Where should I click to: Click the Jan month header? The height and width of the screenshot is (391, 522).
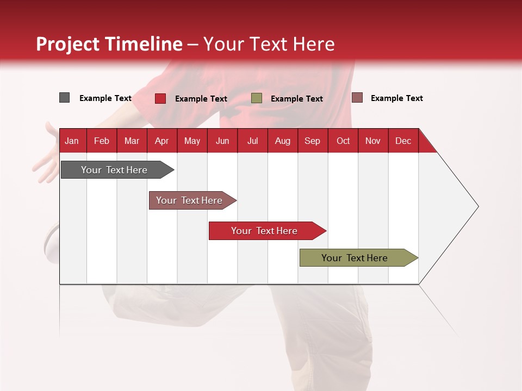[x=72, y=141]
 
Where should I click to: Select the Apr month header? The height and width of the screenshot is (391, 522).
[x=161, y=141]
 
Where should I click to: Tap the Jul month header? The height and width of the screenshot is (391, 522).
[x=252, y=141]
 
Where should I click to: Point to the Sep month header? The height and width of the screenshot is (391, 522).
[x=312, y=141]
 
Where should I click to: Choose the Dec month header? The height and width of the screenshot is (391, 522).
[x=403, y=141]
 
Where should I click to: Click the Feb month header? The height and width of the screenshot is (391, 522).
[x=102, y=141]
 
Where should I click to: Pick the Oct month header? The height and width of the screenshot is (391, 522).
[x=343, y=141]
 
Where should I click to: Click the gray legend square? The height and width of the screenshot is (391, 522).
[x=64, y=98]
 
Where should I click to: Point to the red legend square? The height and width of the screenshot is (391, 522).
[x=160, y=98]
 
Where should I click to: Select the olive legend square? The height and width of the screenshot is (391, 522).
[x=257, y=98]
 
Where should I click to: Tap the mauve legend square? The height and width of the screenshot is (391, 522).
[x=357, y=98]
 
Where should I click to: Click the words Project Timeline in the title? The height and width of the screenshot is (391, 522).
[x=109, y=44]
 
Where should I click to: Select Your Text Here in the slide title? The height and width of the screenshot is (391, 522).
[x=269, y=44]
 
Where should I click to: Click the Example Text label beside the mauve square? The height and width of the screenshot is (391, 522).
[x=396, y=98]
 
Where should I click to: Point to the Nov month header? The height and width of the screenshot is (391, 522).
[x=373, y=141]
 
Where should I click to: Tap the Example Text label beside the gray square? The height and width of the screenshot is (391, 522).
[x=105, y=98]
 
